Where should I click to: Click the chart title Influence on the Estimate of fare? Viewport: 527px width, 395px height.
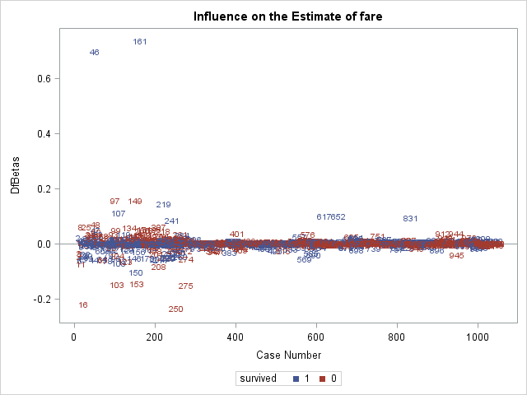point(287,16)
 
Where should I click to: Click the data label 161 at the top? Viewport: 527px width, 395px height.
point(140,42)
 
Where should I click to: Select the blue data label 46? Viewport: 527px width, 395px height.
point(95,53)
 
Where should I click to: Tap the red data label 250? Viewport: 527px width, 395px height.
point(175,309)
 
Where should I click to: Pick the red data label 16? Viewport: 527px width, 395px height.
point(83,305)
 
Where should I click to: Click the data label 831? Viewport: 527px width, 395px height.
point(410,219)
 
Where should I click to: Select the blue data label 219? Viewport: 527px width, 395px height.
point(163,205)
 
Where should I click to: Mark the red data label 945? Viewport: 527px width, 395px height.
point(456,256)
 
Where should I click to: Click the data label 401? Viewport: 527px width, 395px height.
point(237,235)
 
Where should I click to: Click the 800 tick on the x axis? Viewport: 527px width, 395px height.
point(398,337)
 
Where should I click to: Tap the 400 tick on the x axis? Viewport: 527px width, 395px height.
point(236,337)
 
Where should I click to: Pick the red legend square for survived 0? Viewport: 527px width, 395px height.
point(323,379)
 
